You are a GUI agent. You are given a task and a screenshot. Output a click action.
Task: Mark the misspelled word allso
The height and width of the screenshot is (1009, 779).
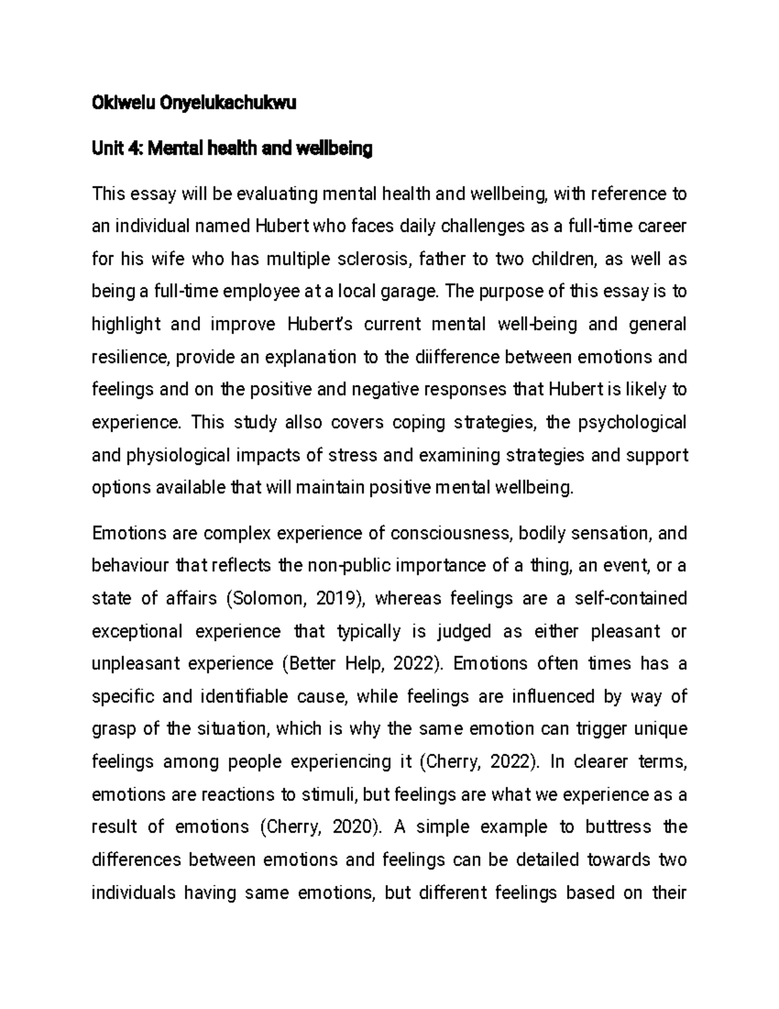(304, 423)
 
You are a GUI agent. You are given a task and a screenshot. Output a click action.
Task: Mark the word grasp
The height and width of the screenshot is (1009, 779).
(112, 729)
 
